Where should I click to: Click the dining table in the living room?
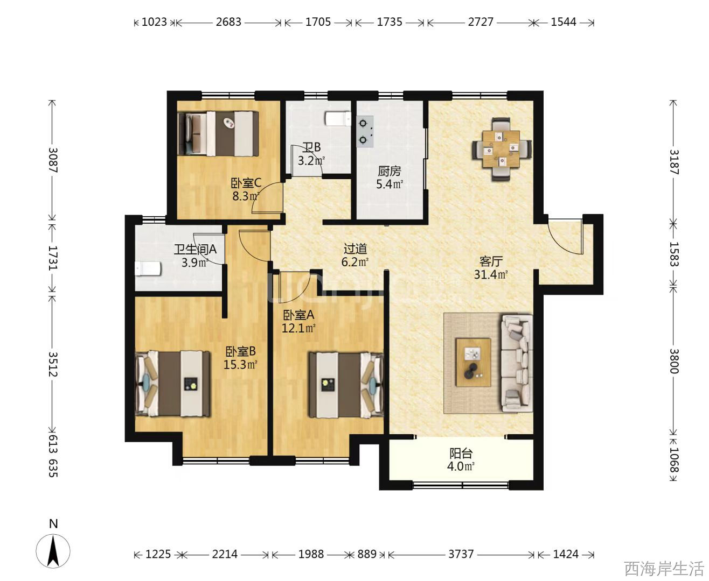click(501, 149)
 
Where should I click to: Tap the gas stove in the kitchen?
click(365, 132)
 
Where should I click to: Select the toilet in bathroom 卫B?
click(338, 119)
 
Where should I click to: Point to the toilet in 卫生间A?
click(148, 268)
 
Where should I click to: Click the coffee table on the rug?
click(473, 363)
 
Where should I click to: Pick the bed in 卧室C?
click(218, 133)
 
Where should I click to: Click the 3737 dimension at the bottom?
click(461, 554)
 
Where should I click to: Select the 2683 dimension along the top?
click(228, 22)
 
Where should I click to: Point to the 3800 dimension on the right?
click(673, 361)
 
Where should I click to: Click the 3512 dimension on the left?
click(53, 364)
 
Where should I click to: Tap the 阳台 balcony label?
click(461, 454)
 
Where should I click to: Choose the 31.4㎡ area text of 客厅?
click(490, 274)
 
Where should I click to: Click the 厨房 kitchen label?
click(390, 171)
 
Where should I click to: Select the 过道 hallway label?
click(355, 249)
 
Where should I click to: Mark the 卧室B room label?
click(240, 351)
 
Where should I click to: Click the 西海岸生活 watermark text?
click(664, 569)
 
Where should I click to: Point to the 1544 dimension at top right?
click(564, 22)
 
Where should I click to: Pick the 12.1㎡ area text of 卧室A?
click(298, 328)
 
